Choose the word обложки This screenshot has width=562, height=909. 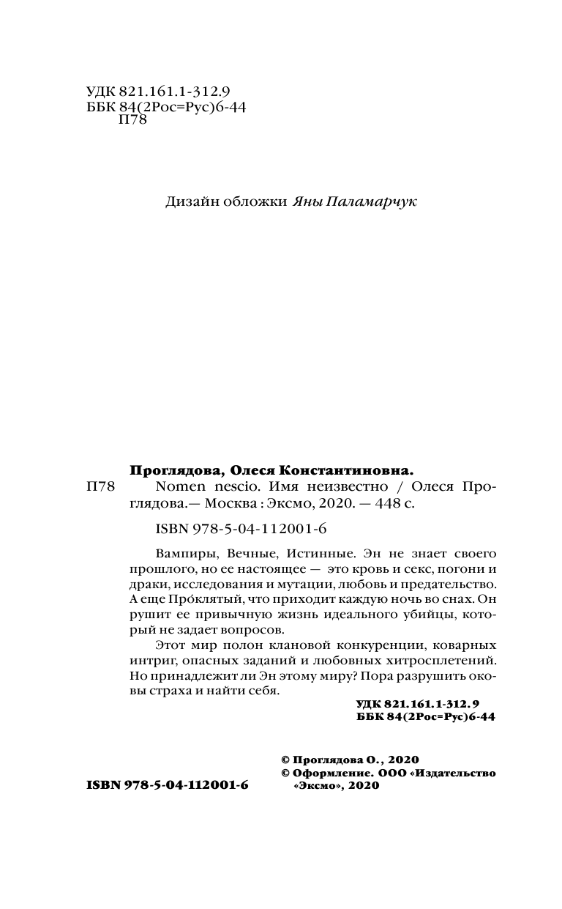click(x=255, y=202)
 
